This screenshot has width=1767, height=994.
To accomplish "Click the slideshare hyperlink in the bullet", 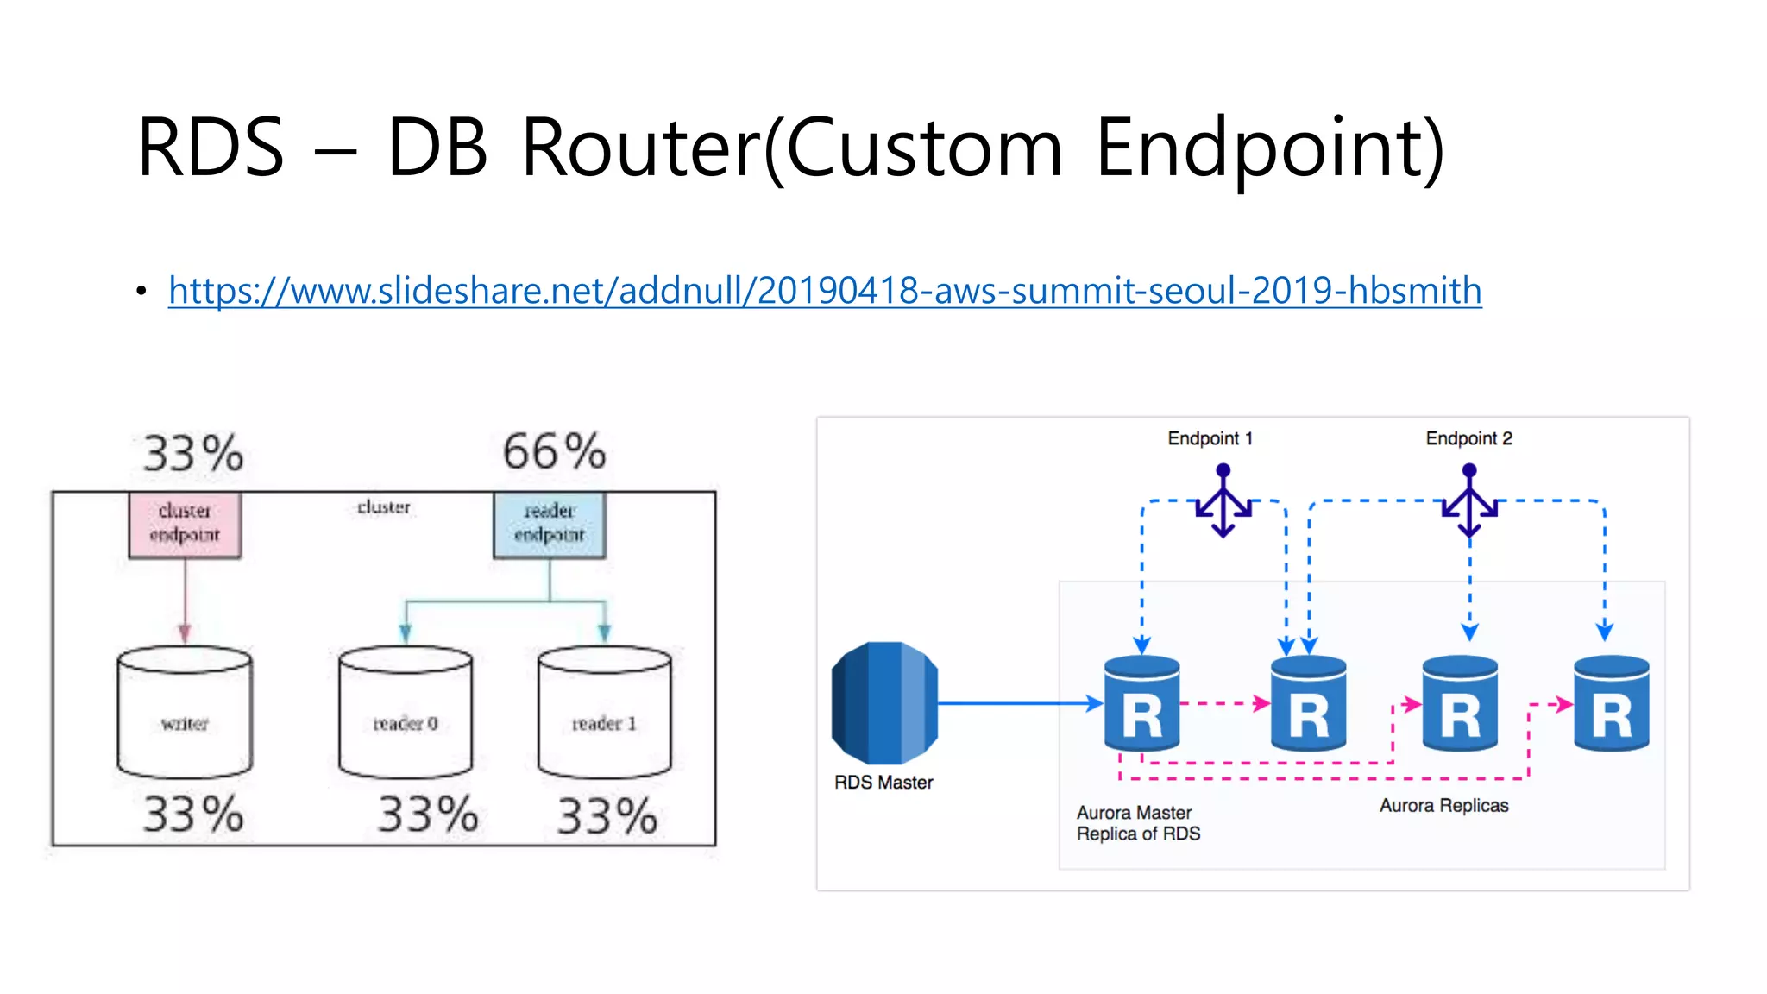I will coord(825,291).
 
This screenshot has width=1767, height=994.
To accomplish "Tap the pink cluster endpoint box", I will coord(185,525).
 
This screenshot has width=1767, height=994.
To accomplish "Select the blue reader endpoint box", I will coord(550,525).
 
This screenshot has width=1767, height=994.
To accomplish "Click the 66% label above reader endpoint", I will coord(555,451).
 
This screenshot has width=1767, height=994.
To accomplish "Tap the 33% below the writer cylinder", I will coord(193,814).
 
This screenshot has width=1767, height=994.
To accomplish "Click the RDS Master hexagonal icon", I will coord(884,702).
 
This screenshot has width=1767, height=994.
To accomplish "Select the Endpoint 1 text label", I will coord(1210,438).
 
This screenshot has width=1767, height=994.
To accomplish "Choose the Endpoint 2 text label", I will coord(1468,438).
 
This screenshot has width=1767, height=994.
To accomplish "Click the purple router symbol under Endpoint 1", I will coord(1223,501).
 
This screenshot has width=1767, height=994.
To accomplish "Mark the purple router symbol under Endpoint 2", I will coord(1469,501).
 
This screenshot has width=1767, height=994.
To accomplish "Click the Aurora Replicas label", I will coord(1443,806).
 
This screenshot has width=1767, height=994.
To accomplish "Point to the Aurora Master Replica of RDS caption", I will coord(1138,823).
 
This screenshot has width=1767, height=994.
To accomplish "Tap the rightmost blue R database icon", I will coord(1611,703).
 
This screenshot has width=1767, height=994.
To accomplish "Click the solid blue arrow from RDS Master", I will coord(1018,703).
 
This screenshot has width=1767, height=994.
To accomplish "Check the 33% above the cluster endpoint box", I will coord(193,453).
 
